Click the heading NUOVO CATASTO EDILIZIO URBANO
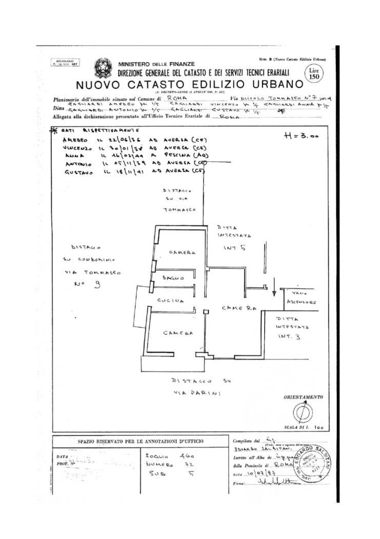(184, 84)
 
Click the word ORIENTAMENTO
(303, 397)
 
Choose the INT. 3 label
(285, 337)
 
